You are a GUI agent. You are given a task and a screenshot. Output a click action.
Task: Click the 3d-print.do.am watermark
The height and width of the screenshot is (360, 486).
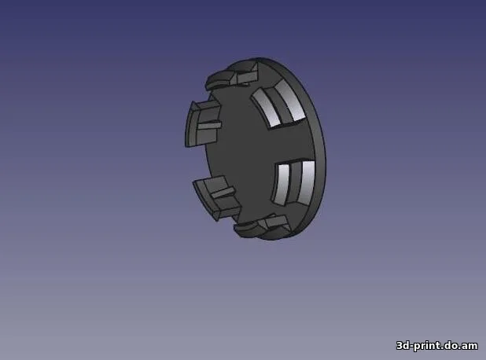[436, 345]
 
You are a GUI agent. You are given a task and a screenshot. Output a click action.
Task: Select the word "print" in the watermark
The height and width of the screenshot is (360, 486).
[428, 346]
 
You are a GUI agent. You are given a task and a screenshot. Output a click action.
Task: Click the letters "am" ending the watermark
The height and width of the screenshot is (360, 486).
[469, 346]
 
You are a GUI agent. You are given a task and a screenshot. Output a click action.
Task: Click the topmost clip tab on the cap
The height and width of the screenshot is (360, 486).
[234, 76]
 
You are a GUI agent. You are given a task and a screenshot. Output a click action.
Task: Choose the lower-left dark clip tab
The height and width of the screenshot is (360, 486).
[215, 195]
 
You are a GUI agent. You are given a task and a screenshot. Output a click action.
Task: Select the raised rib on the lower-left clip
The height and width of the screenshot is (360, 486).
[223, 191]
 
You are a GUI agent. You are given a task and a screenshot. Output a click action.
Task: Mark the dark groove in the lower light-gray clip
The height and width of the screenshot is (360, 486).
[291, 182]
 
